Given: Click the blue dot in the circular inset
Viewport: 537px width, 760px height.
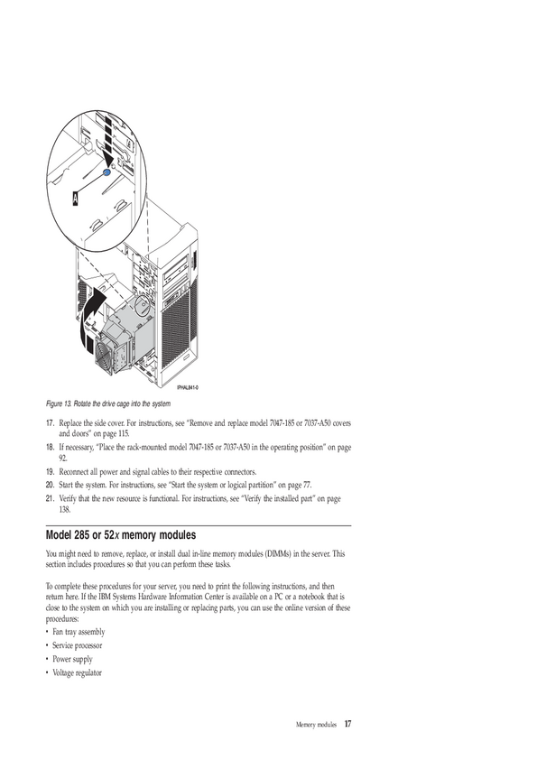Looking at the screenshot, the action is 107,172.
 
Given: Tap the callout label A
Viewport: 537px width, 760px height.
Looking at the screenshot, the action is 75,199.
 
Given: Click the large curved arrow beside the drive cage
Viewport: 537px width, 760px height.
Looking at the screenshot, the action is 91,318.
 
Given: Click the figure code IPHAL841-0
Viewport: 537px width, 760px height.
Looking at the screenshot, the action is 188,387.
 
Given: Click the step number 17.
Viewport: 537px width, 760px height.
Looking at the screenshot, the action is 50,423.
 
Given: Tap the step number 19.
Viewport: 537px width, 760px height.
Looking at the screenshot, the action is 50,471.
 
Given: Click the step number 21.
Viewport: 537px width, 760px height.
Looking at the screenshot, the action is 50,498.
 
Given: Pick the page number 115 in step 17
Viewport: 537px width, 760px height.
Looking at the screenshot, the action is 124,434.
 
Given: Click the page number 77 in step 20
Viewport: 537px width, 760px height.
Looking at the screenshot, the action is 307,485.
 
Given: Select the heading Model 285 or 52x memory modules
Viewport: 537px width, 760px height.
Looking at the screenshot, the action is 121,535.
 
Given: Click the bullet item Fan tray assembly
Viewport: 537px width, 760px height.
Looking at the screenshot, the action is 79,632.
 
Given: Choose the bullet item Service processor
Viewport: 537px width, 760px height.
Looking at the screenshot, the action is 77,645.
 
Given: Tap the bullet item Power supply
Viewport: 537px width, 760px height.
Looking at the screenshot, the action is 72,659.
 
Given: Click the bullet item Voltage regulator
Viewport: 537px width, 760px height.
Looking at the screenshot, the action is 77,672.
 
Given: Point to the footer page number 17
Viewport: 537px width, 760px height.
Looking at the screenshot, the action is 348,724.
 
